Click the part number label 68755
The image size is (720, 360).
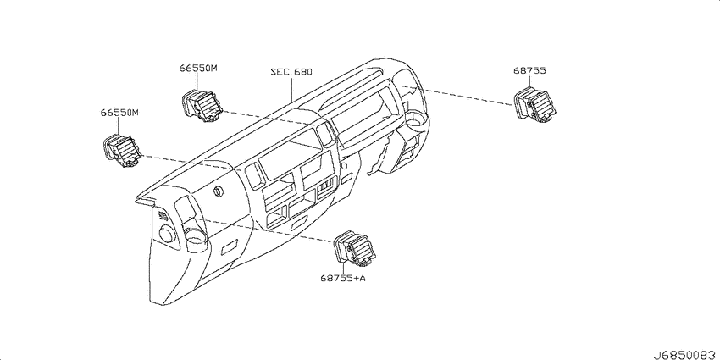(x=529, y=70)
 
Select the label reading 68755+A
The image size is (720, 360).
(x=343, y=278)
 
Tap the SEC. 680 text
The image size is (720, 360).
(x=291, y=72)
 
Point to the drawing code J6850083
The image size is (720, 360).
(x=685, y=355)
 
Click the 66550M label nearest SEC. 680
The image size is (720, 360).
(x=198, y=68)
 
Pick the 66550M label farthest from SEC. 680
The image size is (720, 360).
(x=119, y=112)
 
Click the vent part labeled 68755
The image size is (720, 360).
(x=534, y=105)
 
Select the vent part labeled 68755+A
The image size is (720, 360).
(x=356, y=248)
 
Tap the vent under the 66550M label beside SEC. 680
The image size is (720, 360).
(x=202, y=107)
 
